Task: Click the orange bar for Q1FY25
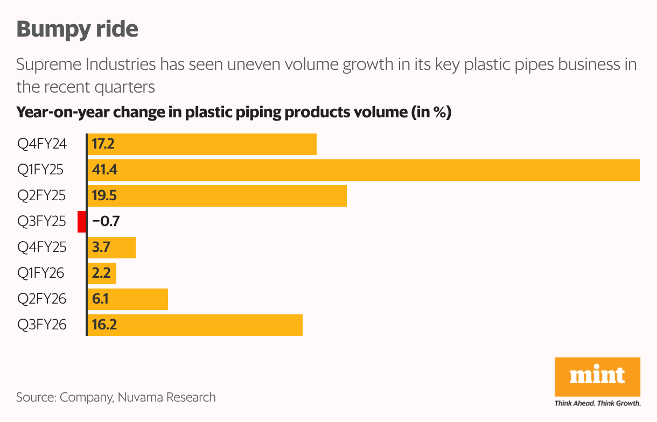364,170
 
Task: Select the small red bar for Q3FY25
82,222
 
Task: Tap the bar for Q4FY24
202,144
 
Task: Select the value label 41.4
104,170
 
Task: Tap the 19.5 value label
104,196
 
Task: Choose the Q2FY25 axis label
41,196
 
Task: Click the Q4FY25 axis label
41,248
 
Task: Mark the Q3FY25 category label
41,222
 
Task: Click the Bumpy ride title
78,29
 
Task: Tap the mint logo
597,375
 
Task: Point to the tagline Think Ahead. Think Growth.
597,403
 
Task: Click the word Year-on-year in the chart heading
63,113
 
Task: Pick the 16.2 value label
104,325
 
